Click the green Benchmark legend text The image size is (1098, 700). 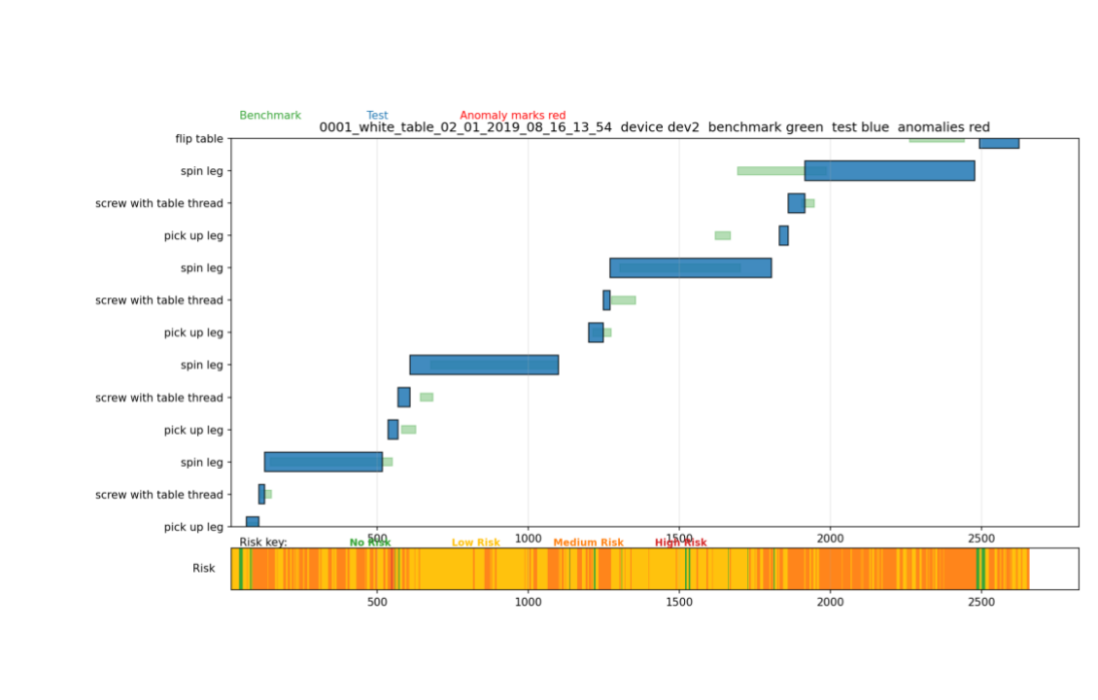click(270, 115)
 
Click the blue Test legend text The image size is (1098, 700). click(377, 115)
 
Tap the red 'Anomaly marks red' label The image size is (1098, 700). click(512, 115)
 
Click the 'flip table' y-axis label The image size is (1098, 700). click(198, 139)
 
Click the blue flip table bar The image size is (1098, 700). click(998, 143)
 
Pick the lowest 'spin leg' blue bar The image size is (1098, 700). click(323, 462)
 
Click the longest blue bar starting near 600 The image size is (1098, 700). click(483, 365)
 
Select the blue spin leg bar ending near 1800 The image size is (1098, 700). click(690, 267)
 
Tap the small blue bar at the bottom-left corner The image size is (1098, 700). click(252, 522)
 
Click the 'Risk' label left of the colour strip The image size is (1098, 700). click(203, 568)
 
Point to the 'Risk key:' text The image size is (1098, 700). click(263, 542)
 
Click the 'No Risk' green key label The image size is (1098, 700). click(369, 542)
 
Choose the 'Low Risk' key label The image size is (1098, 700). click(475, 542)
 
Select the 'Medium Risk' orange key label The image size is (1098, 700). click(588, 542)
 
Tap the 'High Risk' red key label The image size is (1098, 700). click(680, 542)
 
